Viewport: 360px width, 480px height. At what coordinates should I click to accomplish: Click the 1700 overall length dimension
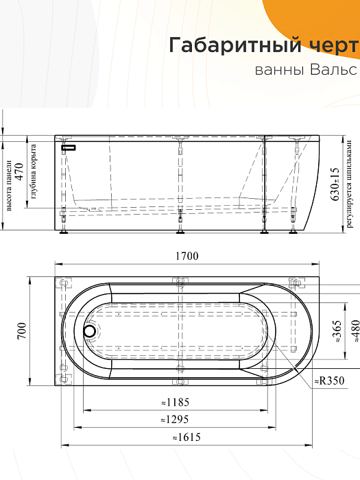187,256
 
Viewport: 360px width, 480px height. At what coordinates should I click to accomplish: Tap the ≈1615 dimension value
186,437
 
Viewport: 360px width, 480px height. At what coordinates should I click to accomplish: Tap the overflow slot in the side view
69,147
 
